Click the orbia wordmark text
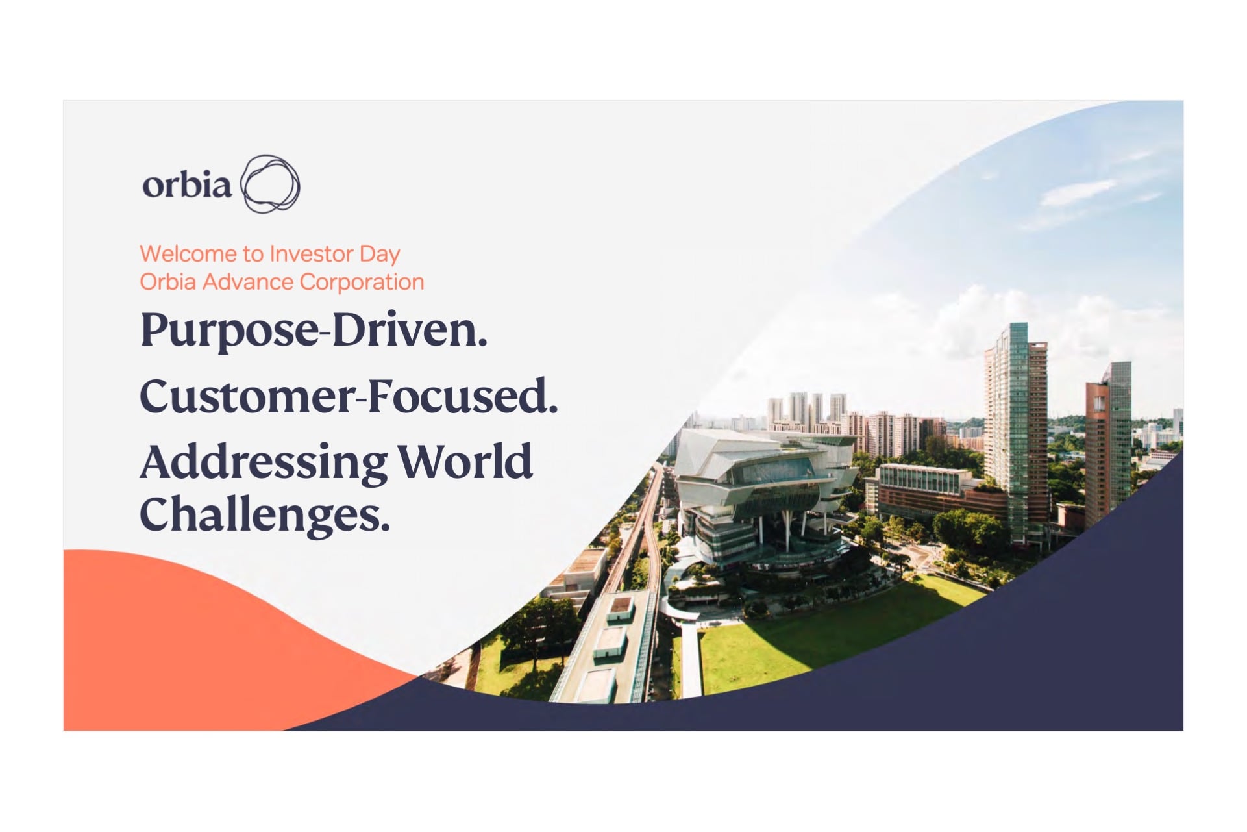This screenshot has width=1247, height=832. pos(187,185)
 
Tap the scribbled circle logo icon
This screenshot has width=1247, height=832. pos(270,184)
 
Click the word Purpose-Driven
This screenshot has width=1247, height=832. pos(314,331)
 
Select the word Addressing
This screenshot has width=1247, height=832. pos(264,463)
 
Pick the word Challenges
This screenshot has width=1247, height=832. pos(265,514)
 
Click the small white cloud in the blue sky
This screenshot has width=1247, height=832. pos(1078,192)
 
